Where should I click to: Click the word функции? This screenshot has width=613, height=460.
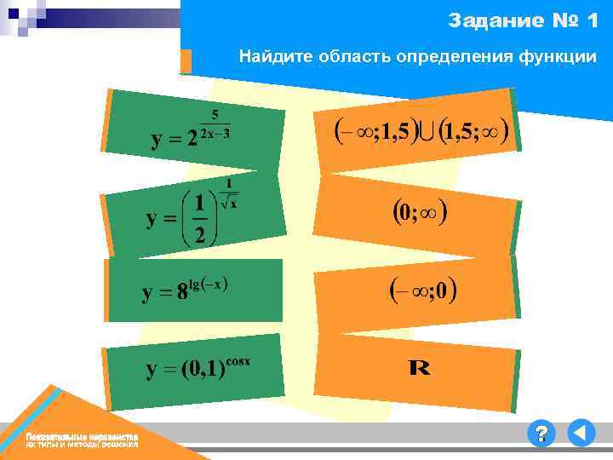[557, 57]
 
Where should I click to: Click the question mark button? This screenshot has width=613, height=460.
[540, 434]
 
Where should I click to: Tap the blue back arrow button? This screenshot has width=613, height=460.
[581, 434]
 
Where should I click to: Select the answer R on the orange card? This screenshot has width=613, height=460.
[419, 368]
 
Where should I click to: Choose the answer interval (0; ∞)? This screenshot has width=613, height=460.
[420, 212]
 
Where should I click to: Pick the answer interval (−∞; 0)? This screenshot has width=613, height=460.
[423, 290]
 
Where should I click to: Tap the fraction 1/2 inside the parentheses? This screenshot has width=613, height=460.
[199, 219]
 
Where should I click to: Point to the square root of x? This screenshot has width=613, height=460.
[229, 202]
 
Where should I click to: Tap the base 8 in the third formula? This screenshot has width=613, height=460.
[182, 294]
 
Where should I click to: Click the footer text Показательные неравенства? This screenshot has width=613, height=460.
[81, 436]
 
